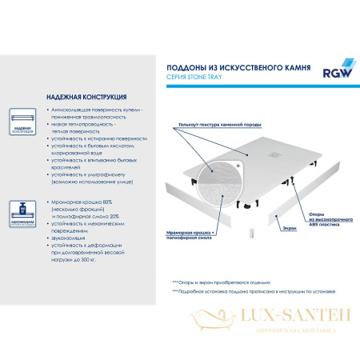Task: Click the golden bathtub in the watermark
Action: coord(208,327)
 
